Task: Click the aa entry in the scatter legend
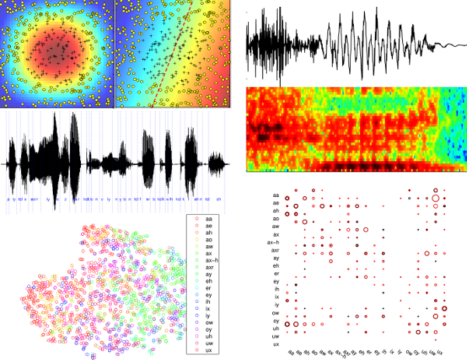209,219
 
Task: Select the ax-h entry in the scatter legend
212,260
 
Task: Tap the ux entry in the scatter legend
209,350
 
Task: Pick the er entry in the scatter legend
208,288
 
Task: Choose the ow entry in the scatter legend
209,323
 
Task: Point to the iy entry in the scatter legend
208,316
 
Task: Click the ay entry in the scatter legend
209,274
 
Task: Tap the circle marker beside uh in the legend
197,336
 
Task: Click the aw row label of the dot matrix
276,227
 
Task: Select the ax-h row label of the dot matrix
273,242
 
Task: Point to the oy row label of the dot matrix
276,321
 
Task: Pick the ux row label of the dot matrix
276,344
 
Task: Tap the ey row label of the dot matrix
276,281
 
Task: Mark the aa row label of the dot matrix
276,195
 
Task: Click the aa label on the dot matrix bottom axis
291,353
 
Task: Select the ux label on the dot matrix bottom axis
440,353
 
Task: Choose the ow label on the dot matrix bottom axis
409,353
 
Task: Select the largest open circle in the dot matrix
435,198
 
